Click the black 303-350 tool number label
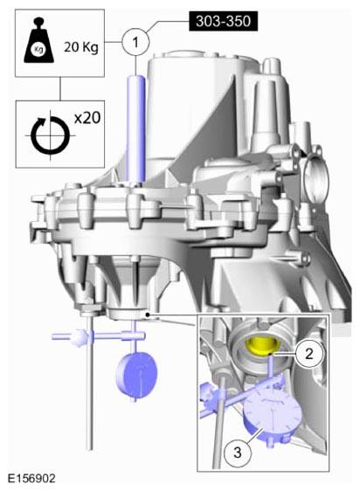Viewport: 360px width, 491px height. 223,21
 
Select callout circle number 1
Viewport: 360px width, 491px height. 135,42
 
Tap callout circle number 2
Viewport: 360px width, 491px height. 309,354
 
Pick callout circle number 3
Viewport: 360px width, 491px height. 237,452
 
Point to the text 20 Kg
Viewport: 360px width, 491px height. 81,47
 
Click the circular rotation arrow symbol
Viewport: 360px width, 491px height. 50,136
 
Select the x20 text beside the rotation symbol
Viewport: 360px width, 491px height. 87,118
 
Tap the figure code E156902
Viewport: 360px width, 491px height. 31,478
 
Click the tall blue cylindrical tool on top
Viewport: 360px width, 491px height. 136,128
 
